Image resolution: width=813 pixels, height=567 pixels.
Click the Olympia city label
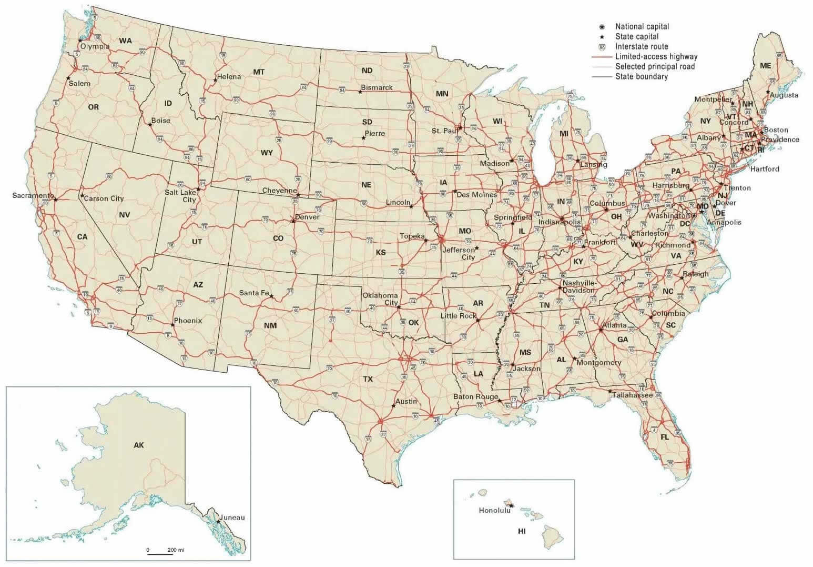[x=95, y=46]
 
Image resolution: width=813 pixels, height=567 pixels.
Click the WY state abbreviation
[x=267, y=153]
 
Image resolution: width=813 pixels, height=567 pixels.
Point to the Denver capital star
[x=293, y=221]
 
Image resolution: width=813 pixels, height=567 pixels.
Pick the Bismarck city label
[x=377, y=87]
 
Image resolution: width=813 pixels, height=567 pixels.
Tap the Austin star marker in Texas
[x=394, y=406]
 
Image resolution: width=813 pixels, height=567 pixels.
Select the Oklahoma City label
[x=380, y=299]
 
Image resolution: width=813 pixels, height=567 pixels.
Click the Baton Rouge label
[x=475, y=396]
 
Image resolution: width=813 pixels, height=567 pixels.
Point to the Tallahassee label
[x=633, y=395]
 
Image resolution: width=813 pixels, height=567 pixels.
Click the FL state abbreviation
[x=665, y=437]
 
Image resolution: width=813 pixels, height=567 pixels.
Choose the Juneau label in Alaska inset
[x=233, y=518]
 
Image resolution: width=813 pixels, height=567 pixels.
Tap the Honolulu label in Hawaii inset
[x=494, y=510]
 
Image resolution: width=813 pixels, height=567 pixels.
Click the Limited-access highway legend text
[x=656, y=56]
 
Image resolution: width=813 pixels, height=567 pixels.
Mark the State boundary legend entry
[x=642, y=76]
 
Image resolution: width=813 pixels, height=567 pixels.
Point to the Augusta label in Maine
[x=784, y=95]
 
